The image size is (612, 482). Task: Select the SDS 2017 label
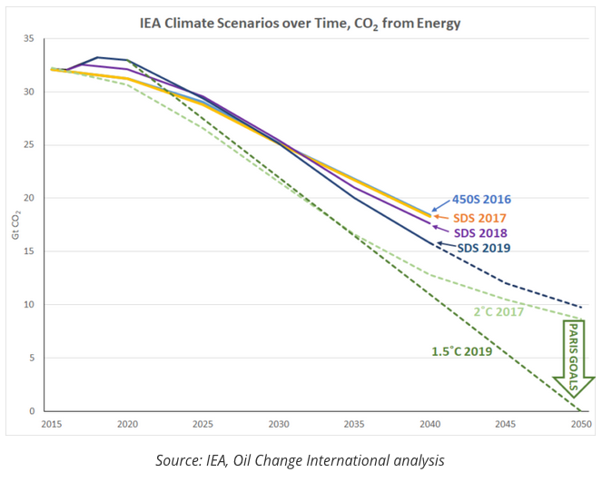click(x=479, y=218)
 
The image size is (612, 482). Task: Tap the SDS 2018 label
click(x=479, y=233)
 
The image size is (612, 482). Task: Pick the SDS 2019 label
click(x=481, y=249)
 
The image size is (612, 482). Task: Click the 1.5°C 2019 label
click(x=461, y=351)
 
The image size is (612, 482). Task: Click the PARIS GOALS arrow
click(x=575, y=359)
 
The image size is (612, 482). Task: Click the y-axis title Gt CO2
click(x=15, y=224)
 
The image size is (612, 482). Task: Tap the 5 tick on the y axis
click(x=31, y=358)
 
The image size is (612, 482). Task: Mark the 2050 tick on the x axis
click(x=581, y=424)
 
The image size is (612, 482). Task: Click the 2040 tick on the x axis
click(x=429, y=424)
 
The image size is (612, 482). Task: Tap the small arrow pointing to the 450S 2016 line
click(x=440, y=208)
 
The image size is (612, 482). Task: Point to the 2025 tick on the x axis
click(x=202, y=424)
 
